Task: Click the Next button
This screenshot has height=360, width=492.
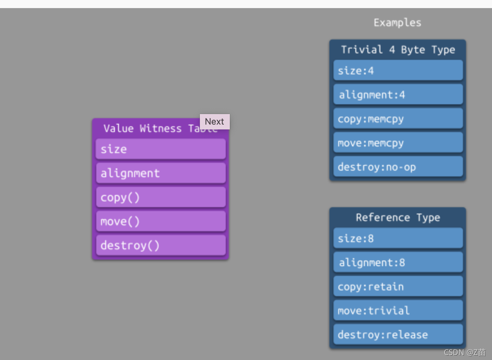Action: [214, 121]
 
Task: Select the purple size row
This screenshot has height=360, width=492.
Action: [161, 149]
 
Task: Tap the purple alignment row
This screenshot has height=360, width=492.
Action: [161, 173]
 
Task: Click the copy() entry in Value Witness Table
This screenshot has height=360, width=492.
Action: [161, 197]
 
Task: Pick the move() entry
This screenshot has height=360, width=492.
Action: [161, 221]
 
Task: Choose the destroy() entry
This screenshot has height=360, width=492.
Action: [161, 245]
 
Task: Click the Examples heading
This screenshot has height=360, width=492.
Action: [398, 23]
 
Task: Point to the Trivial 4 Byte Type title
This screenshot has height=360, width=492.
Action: [398, 50]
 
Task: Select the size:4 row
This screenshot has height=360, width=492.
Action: [398, 70]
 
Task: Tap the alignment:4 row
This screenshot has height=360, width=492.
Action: [398, 94]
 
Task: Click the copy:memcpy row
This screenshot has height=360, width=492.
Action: [398, 119]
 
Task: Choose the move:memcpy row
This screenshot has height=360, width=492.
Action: [398, 142]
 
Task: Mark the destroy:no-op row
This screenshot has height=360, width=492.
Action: [398, 167]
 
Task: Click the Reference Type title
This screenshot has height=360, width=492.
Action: [398, 218]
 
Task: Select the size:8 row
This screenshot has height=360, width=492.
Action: [398, 238]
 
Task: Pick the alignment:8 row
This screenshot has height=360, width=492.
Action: [398, 262]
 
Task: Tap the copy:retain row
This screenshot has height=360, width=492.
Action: [398, 286]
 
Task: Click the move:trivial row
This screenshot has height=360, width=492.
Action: [398, 310]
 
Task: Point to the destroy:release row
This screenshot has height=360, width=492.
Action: [398, 334]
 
